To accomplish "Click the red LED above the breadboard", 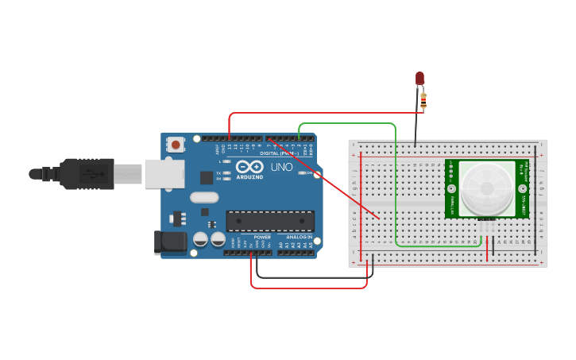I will (x=420, y=78).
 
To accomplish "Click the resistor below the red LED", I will (x=423, y=100).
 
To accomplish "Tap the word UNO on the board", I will (x=282, y=168).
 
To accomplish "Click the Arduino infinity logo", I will (x=248, y=168).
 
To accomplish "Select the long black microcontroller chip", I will (x=269, y=222).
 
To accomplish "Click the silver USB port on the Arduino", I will (x=164, y=173).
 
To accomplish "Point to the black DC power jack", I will (x=170, y=242).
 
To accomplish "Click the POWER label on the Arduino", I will (x=261, y=238).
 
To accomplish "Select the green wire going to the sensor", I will (x=395, y=191).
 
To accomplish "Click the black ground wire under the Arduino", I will (x=310, y=277).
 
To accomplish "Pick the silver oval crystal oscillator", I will (x=203, y=198).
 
